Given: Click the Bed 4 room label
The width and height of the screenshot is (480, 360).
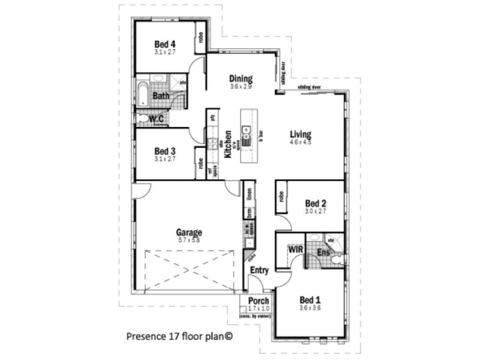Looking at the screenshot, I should pos(164,44).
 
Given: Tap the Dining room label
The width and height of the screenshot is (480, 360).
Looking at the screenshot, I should pos(241,79).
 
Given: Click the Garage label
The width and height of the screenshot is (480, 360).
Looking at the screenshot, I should pos(188,232).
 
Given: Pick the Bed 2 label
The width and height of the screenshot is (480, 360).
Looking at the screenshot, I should pos(316,203).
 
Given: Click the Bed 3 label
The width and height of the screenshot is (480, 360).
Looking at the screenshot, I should pos(164,151).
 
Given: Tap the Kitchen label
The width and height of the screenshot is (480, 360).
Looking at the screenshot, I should pos(228,144).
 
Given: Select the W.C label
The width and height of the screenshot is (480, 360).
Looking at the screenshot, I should pos(157,119).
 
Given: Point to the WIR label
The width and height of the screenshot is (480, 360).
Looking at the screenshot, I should pos(294,248).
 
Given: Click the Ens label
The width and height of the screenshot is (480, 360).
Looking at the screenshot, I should pos(323,253).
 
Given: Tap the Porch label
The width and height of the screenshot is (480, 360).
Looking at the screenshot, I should pos(258,300).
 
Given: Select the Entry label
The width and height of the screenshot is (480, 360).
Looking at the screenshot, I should pos(259,271).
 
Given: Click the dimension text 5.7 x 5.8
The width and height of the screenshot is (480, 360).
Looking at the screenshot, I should pos(188,240).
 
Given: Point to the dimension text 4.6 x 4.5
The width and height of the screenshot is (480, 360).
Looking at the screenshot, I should pos(300,142).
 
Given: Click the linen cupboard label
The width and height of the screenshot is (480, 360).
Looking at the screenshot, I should pos(248,194).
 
